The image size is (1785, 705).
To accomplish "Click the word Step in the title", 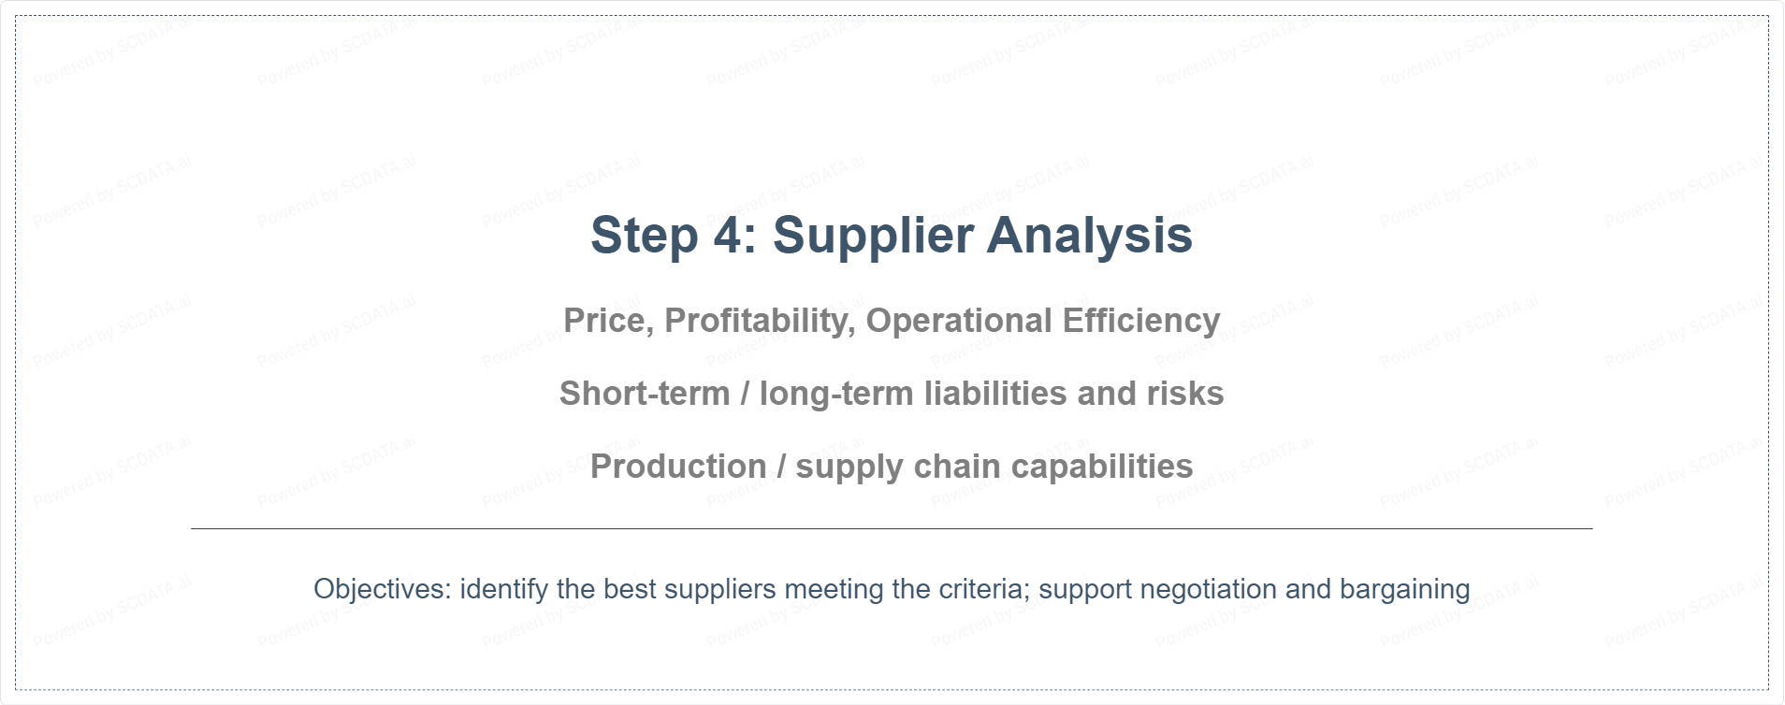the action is click(x=644, y=236).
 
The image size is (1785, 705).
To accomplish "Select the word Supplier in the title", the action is click(x=872, y=236).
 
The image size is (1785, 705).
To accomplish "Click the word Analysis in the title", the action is click(x=1090, y=236).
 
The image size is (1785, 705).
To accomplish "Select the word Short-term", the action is click(x=645, y=394).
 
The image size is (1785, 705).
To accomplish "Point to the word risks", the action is click(x=1185, y=394).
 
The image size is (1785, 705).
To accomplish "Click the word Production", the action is click(x=678, y=467).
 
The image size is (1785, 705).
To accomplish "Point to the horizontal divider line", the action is click(x=892, y=528).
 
